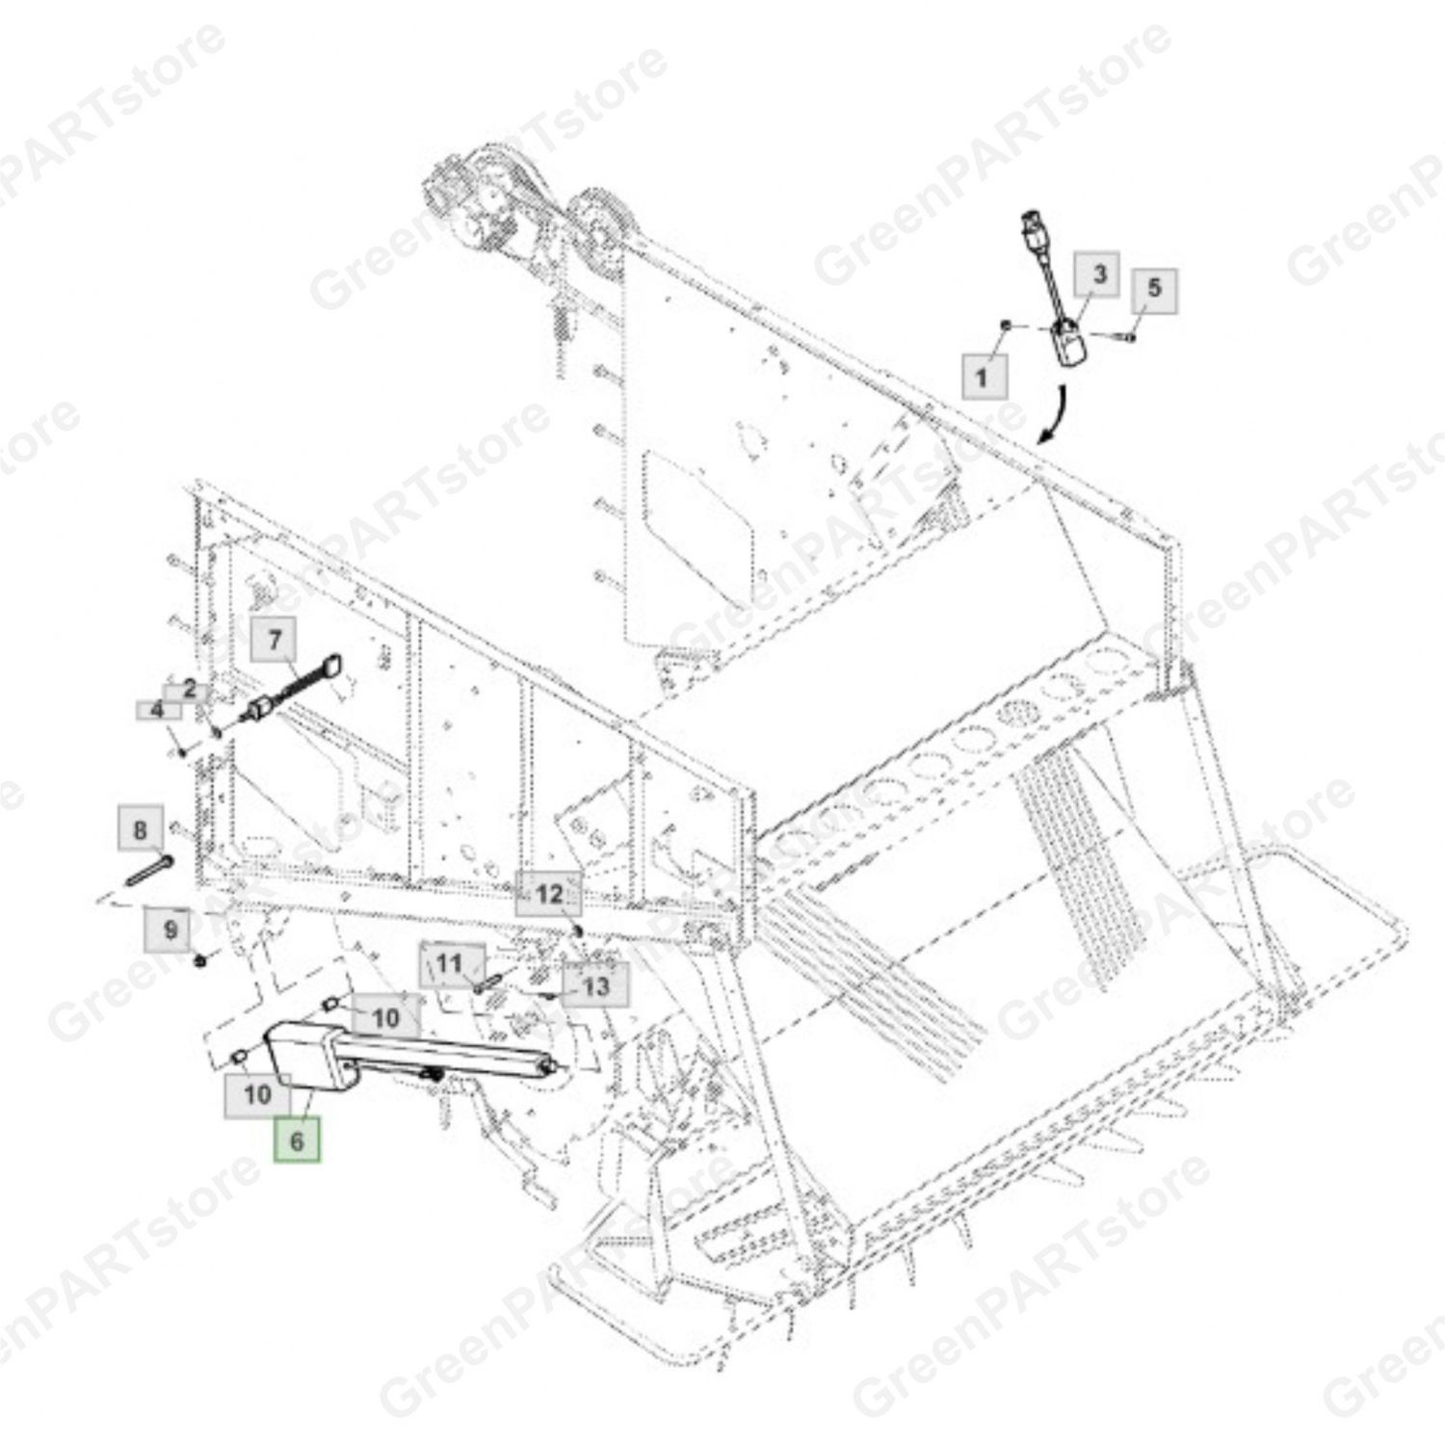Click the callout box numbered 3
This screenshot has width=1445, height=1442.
tap(1099, 275)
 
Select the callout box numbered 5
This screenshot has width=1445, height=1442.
tap(1154, 288)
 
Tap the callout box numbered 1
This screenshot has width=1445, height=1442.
tap(984, 377)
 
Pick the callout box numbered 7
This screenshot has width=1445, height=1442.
tap(274, 640)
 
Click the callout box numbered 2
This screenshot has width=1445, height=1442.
tap(190, 690)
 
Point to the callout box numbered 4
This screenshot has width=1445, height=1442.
tap(157, 711)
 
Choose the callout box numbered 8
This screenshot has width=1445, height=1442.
tap(141, 830)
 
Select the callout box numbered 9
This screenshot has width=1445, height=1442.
tap(170, 930)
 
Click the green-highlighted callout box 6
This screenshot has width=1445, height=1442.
tap(297, 1140)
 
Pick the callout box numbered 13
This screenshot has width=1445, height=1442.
tap(596, 985)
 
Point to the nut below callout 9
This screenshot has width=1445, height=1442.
tap(200, 960)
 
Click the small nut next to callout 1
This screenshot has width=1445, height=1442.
tap(1006, 327)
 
